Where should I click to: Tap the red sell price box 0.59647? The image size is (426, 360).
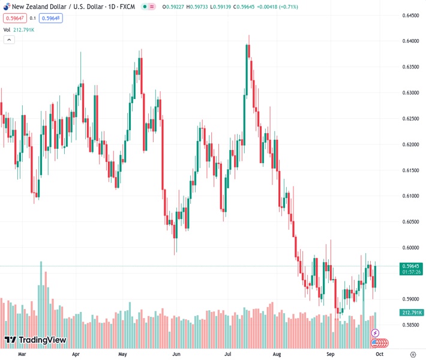[14, 18]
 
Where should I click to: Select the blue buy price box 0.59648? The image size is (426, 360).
[52, 18]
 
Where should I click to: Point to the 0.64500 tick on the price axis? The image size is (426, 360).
[410, 15]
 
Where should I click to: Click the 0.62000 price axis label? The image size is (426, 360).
[410, 145]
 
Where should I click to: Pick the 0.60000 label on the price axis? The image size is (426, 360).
[410, 248]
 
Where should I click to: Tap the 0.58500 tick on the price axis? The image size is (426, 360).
[410, 325]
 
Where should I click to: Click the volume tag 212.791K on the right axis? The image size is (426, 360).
[411, 313]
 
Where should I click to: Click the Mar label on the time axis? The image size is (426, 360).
[22, 354]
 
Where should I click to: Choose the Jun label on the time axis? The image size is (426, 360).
[176, 354]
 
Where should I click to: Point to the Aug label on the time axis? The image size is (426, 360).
[277, 354]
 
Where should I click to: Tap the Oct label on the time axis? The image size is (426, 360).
[379, 354]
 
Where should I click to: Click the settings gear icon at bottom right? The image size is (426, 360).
[412, 354]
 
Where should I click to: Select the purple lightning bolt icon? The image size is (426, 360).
[376, 332]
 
